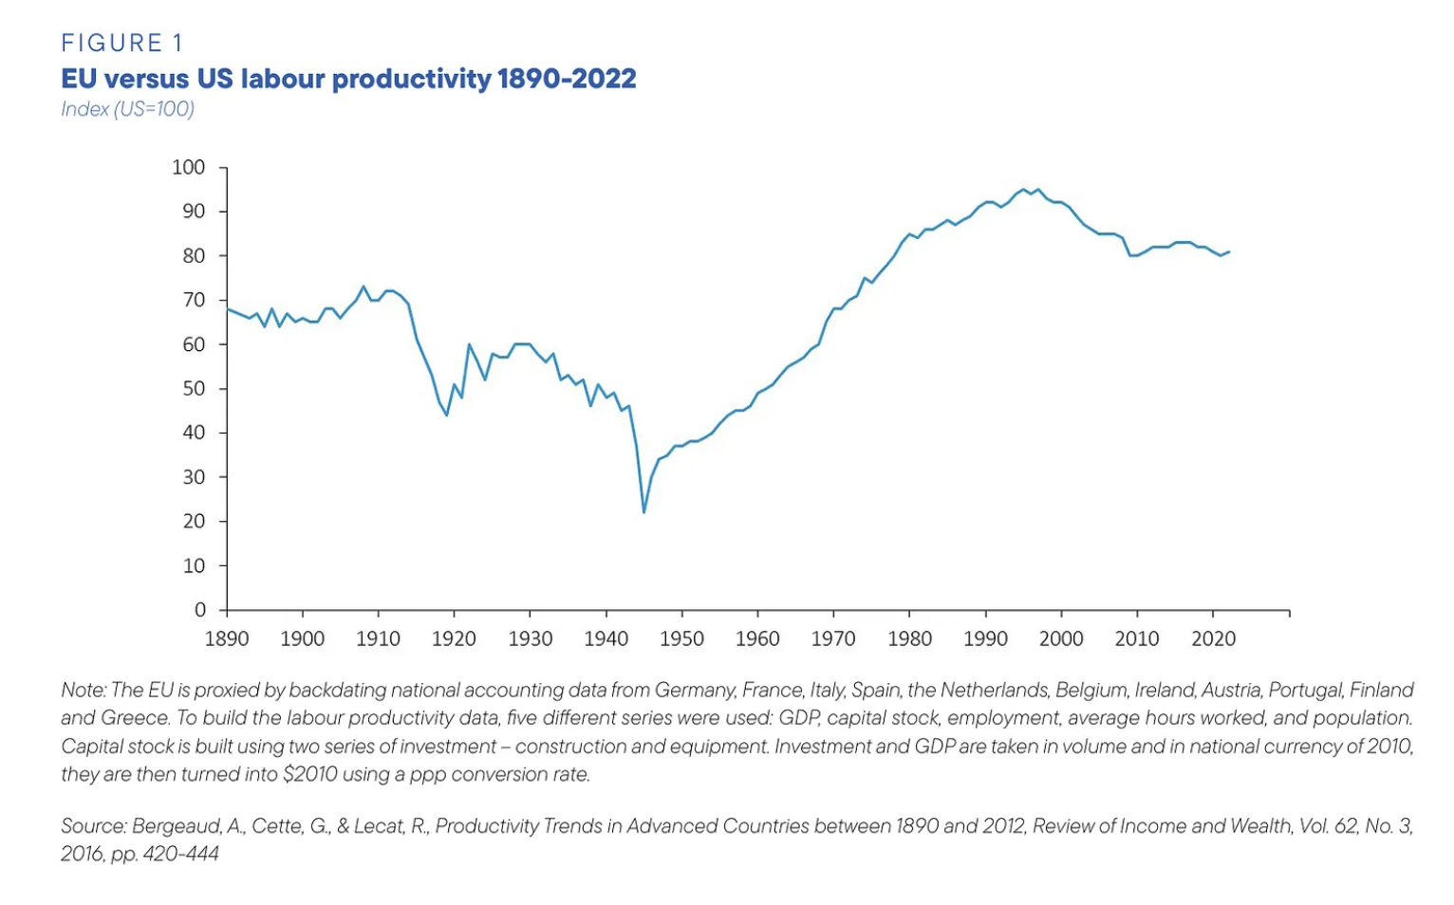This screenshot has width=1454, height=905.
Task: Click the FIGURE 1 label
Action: pos(122,43)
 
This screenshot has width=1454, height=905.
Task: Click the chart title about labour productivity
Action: pos(348,78)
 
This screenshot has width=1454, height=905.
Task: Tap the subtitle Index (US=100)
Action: pos(127,109)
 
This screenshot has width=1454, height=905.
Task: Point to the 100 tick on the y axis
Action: pos(188,167)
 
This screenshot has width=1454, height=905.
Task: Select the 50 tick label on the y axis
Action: pos(194,388)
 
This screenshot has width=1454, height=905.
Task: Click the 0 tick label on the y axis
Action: pos(200,610)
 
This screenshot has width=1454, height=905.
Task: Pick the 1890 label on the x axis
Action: pos(227,639)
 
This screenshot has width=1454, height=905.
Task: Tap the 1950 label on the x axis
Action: pos(681,639)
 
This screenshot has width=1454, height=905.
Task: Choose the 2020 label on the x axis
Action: pos(1213,639)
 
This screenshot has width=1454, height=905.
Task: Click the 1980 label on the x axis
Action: pos(909,639)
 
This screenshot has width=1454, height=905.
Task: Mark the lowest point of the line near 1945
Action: pos(644,512)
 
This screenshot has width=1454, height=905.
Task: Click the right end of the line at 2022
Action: pos(1229,251)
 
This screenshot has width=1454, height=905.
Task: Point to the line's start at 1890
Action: pos(228,309)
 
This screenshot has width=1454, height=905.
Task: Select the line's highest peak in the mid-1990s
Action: pos(1023,190)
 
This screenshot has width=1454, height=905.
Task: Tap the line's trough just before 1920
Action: pos(447,415)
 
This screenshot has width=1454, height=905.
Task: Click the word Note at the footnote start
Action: pos(83,690)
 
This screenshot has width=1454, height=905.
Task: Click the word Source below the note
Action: pos(92,826)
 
